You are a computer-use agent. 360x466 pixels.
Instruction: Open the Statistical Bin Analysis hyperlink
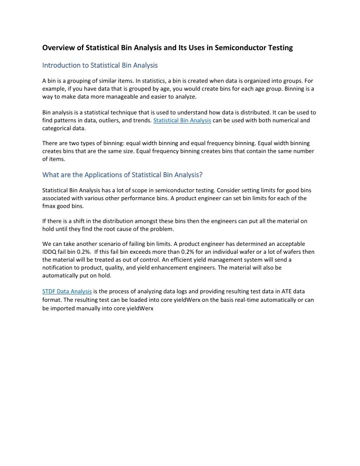coord(182,121)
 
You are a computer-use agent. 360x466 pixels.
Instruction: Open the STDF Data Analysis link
coord(66,291)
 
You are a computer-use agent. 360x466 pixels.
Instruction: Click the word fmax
coord(50,206)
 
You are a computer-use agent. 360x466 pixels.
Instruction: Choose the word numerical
coord(288,121)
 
